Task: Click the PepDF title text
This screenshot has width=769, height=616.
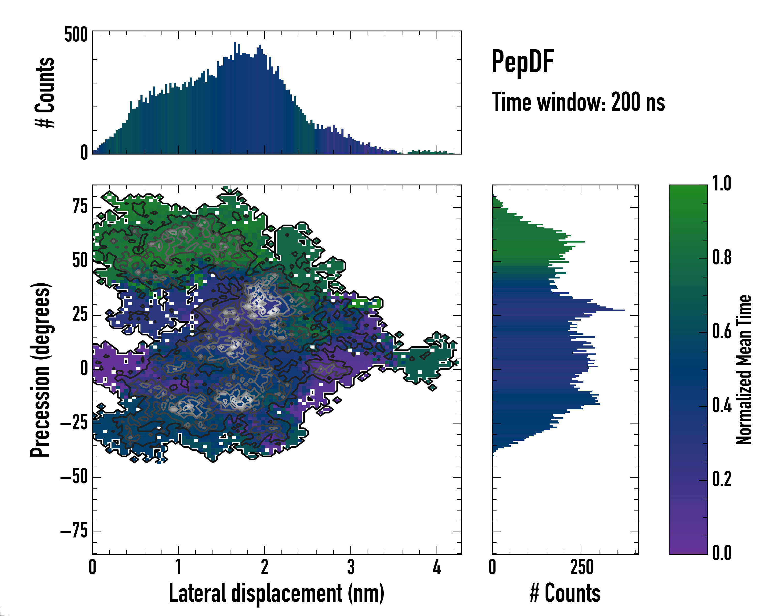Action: [522, 62]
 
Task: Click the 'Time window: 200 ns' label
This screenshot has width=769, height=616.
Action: [578, 102]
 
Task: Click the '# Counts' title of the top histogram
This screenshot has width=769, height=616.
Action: [45, 92]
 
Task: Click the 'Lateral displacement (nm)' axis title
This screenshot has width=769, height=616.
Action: [276, 593]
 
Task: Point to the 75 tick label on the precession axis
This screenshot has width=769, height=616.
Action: [80, 206]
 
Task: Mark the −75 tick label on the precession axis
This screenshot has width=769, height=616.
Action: [74, 531]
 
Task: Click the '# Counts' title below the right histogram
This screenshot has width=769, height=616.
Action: [565, 593]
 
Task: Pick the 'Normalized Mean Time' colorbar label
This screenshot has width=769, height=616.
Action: [744, 370]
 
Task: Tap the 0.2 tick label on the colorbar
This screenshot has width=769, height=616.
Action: [722, 479]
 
